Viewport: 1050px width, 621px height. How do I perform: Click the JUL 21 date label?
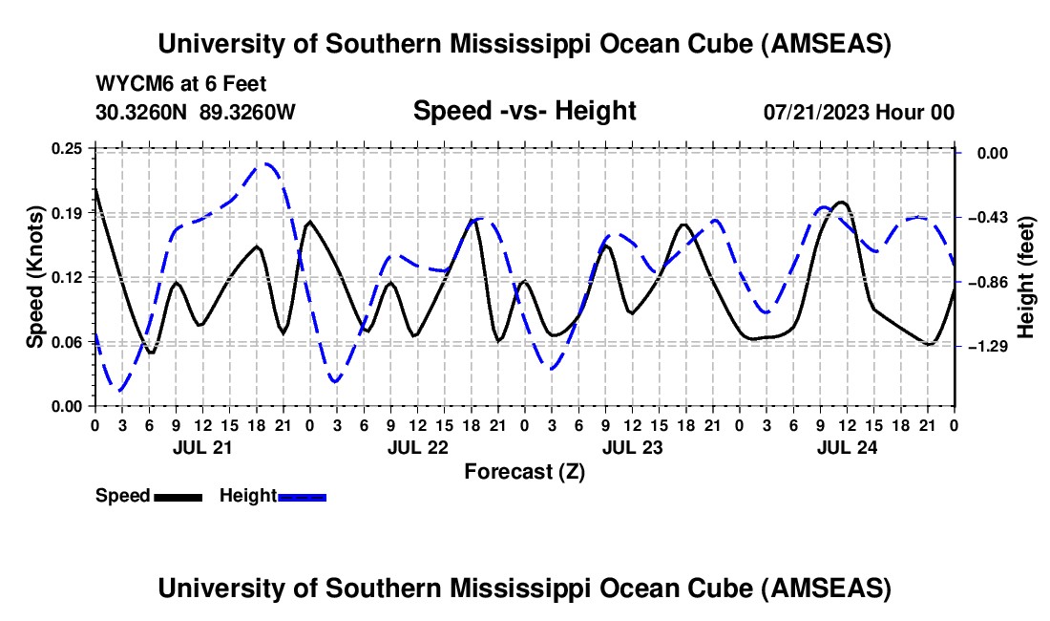[200, 446]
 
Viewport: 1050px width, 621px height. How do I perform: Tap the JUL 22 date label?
[417, 446]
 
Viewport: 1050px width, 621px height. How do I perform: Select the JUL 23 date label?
[632, 446]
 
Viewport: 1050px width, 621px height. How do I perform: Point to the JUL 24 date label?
[847, 446]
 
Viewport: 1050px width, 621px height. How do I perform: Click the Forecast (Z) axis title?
[524, 471]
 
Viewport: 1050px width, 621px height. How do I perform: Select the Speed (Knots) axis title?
[34, 277]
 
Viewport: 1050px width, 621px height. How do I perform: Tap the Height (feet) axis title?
[1027, 277]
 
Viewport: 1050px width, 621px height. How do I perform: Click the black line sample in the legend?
[178, 496]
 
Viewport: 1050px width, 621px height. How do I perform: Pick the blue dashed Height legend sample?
[302, 496]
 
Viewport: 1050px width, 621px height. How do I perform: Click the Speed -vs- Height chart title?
[524, 111]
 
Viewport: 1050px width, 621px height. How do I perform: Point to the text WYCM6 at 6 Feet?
[181, 84]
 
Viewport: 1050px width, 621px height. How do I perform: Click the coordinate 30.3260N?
[142, 112]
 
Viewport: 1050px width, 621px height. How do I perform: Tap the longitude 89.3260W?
[247, 112]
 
